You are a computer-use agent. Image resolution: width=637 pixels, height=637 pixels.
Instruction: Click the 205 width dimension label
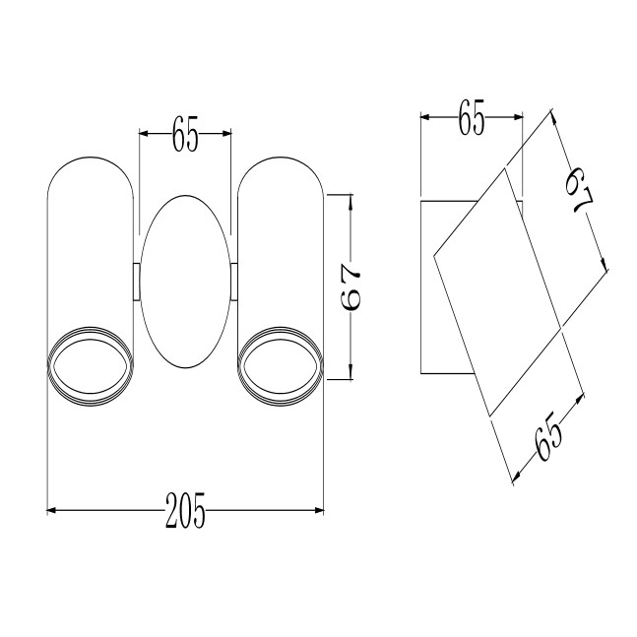coord(185,510)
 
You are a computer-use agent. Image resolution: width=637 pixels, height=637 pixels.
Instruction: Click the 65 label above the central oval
coord(185,134)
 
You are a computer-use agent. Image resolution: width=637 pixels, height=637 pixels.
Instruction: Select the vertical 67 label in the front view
coord(350,287)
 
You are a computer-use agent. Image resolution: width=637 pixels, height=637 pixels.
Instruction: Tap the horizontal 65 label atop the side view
coord(472,117)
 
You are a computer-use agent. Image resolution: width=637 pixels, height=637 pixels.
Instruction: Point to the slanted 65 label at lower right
coord(548,437)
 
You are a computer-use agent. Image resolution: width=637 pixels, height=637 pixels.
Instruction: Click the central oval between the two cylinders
coord(185,282)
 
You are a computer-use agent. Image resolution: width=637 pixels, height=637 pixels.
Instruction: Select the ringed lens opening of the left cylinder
coord(91,366)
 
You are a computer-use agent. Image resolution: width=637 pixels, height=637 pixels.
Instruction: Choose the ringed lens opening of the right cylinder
coord(281,366)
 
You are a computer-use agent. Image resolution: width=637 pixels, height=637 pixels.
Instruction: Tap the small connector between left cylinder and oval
coord(137,282)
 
